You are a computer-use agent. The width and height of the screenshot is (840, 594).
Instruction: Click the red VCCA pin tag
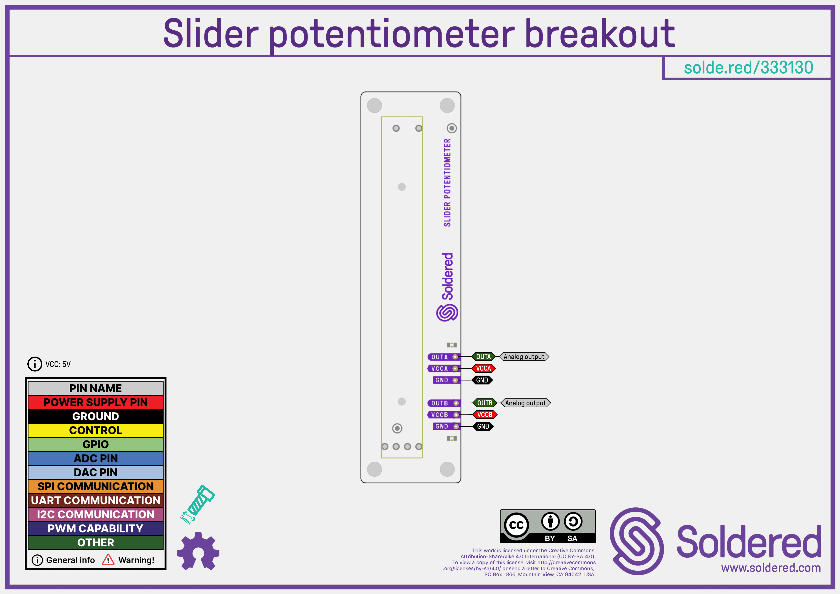(483, 368)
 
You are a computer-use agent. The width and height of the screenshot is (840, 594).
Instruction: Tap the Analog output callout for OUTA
(524, 356)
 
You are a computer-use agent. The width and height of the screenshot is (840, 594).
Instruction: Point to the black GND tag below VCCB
(483, 426)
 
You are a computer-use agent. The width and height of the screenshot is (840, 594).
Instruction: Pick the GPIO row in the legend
(96, 444)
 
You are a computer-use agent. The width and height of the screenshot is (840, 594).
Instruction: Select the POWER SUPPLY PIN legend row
(96, 402)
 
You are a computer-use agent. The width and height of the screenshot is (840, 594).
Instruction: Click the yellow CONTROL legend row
(96, 430)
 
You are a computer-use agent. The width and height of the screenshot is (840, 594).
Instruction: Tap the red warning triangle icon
(108, 560)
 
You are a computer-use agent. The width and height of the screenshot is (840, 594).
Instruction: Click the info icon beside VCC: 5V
(35, 364)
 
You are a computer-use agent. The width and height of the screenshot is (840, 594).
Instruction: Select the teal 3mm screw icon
(198, 504)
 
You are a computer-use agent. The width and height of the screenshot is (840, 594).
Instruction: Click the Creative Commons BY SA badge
(548, 526)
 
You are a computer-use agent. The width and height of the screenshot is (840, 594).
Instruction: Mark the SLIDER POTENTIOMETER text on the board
(447, 183)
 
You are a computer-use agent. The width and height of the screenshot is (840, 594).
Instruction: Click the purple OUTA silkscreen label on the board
(439, 357)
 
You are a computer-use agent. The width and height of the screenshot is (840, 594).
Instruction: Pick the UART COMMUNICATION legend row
(96, 500)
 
